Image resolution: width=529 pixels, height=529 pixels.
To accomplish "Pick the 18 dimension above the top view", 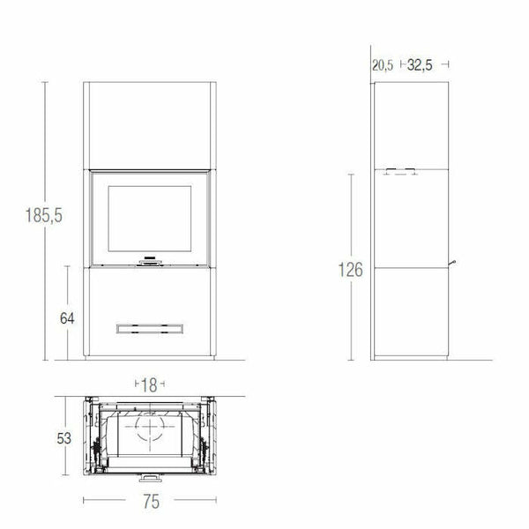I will coord(149,385).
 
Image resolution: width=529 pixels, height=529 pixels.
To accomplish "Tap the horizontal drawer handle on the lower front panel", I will coord(149,329).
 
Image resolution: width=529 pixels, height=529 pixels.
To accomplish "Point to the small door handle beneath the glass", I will coord(149,262).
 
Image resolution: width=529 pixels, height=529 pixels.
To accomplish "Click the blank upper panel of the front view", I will coord(149,123).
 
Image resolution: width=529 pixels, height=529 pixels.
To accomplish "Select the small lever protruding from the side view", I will coord(452,263).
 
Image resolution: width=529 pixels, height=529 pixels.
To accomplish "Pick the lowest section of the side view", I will coord(410,313).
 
